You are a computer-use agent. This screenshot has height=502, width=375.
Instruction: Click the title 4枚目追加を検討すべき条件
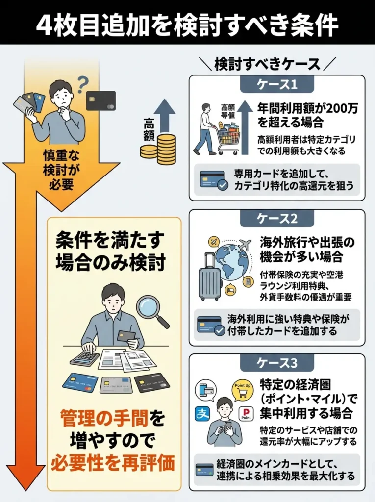187,22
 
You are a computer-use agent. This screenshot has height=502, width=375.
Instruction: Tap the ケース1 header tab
277,84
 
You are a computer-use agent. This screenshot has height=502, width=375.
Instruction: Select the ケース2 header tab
277,219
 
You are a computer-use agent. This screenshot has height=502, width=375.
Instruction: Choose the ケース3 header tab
277,363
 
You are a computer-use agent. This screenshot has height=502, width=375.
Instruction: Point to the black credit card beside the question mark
100,100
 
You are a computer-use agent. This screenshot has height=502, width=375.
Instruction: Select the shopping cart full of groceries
228,135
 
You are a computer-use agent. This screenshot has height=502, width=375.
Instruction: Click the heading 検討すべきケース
267,64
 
